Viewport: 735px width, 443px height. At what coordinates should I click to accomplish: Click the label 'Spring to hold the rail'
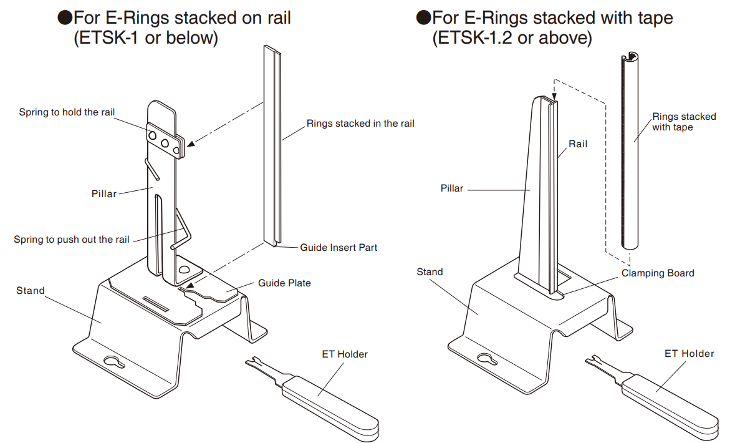(67, 112)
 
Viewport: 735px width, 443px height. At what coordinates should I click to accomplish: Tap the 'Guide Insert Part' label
(339, 247)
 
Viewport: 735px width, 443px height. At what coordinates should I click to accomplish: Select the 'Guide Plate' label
(284, 283)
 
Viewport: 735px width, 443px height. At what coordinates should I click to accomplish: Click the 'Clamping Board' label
(657, 273)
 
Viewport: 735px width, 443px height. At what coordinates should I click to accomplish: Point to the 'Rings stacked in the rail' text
(360, 124)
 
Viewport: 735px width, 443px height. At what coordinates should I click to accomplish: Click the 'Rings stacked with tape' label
(684, 122)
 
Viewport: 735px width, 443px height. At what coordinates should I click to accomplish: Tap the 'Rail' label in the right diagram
(578, 144)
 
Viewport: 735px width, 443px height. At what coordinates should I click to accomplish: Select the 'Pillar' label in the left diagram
(104, 194)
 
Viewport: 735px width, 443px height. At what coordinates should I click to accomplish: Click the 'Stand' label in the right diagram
(430, 272)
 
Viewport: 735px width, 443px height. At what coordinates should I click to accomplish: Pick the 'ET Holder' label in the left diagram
(345, 354)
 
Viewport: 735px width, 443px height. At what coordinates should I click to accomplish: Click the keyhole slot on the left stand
(114, 363)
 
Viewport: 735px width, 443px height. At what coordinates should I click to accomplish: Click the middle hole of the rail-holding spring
(165, 143)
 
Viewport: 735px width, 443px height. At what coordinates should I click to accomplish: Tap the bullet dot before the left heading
(64, 17)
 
